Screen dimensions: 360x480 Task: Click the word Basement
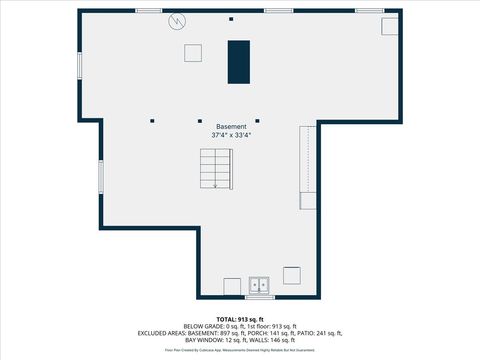(x=229, y=127)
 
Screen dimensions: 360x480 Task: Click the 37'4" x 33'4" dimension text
(x=229, y=135)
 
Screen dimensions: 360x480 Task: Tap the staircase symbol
(x=215, y=167)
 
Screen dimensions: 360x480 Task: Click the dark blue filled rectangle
(x=239, y=62)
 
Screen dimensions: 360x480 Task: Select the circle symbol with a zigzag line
(x=177, y=20)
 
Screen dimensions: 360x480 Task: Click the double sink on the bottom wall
(x=261, y=287)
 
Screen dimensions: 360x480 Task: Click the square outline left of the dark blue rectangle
(x=193, y=53)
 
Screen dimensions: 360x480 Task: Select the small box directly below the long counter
(x=309, y=200)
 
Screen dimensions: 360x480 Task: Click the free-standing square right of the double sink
(x=292, y=275)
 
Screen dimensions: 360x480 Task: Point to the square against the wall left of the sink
(x=231, y=287)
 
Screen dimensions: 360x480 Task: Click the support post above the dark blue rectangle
(x=231, y=19)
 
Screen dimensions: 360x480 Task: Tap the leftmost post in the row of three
(x=153, y=120)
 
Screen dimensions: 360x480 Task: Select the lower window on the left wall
(x=99, y=177)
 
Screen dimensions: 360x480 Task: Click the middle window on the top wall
(x=278, y=10)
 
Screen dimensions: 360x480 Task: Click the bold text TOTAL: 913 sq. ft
(x=240, y=319)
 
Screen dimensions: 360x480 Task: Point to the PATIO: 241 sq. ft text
(x=322, y=333)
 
